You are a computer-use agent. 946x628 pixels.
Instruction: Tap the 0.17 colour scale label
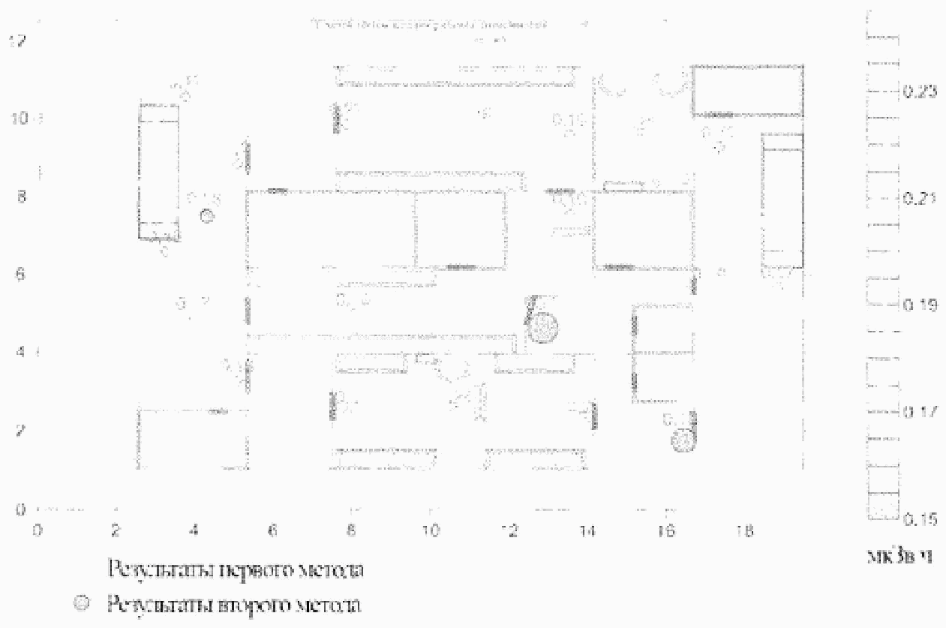click(x=916, y=412)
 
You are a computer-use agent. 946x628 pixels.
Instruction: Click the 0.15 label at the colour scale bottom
click(x=916, y=518)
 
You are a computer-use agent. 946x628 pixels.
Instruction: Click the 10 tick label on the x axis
click(x=430, y=530)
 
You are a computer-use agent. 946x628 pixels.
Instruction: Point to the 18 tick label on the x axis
click(x=745, y=530)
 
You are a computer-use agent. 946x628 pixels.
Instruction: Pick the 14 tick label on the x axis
click(x=587, y=530)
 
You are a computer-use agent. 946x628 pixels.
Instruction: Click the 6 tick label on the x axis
click(x=273, y=530)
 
